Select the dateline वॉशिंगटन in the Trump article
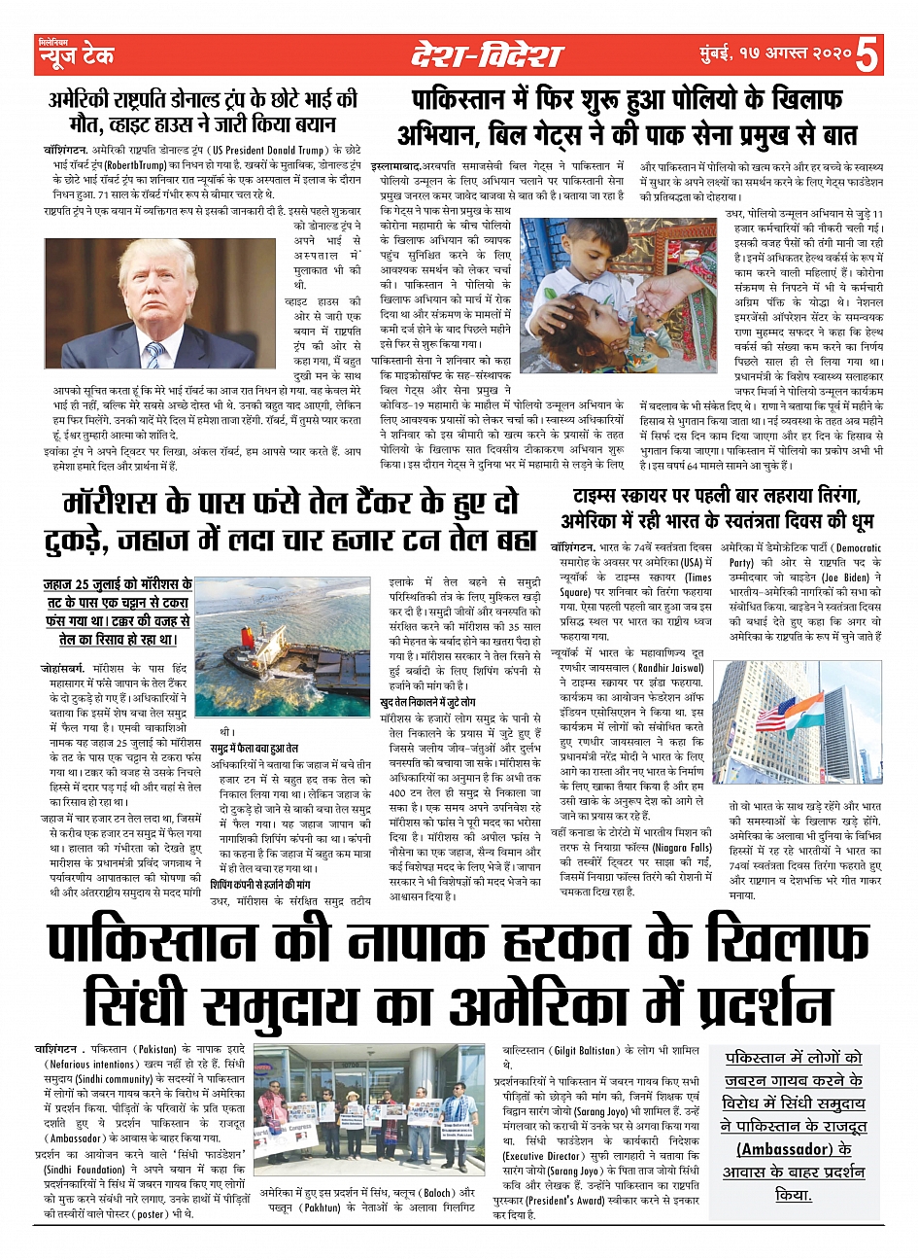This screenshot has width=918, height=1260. pos(65,152)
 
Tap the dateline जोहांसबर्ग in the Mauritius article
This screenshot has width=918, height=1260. pos(64,670)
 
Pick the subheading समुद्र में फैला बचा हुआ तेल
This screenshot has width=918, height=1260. pos(255,748)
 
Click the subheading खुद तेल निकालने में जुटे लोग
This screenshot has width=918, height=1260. pos(427,701)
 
